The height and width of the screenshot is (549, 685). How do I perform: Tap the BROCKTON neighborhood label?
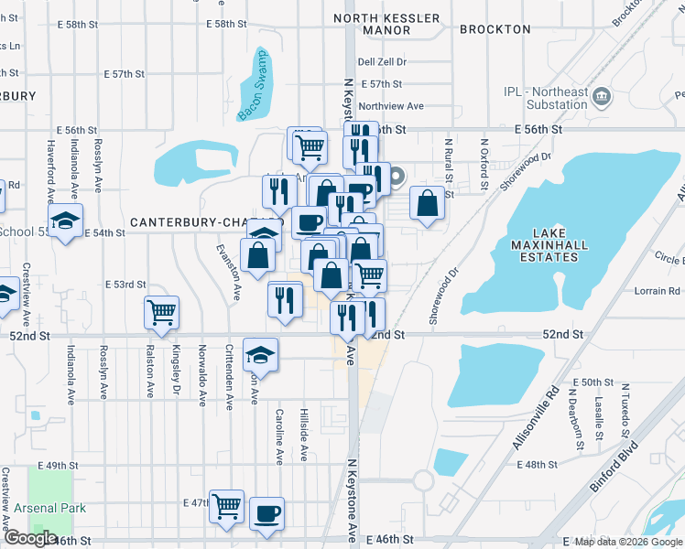pos(495,29)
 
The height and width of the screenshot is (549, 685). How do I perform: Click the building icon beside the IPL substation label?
pos(603,95)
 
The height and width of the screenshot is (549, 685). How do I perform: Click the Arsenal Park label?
pos(49,508)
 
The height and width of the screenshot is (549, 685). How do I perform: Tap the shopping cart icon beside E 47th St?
pos(226,504)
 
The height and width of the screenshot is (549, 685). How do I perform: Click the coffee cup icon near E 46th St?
pos(266,512)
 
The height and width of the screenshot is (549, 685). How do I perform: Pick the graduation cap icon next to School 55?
pos(65,221)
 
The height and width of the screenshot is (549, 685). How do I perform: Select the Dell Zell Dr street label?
pos(382,61)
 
